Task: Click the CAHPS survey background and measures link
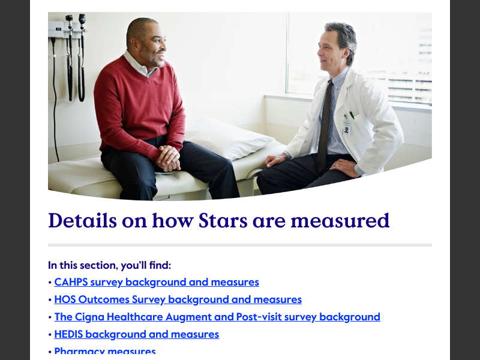(x=157, y=282)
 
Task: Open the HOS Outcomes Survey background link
(x=178, y=299)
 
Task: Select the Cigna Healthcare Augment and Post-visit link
(x=217, y=317)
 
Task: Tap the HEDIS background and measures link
(x=137, y=334)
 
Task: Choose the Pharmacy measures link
(x=105, y=352)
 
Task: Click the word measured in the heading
(x=340, y=221)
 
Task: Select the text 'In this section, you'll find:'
(x=110, y=265)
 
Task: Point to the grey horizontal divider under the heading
(x=240, y=245)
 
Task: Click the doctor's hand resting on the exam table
(x=275, y=160)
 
